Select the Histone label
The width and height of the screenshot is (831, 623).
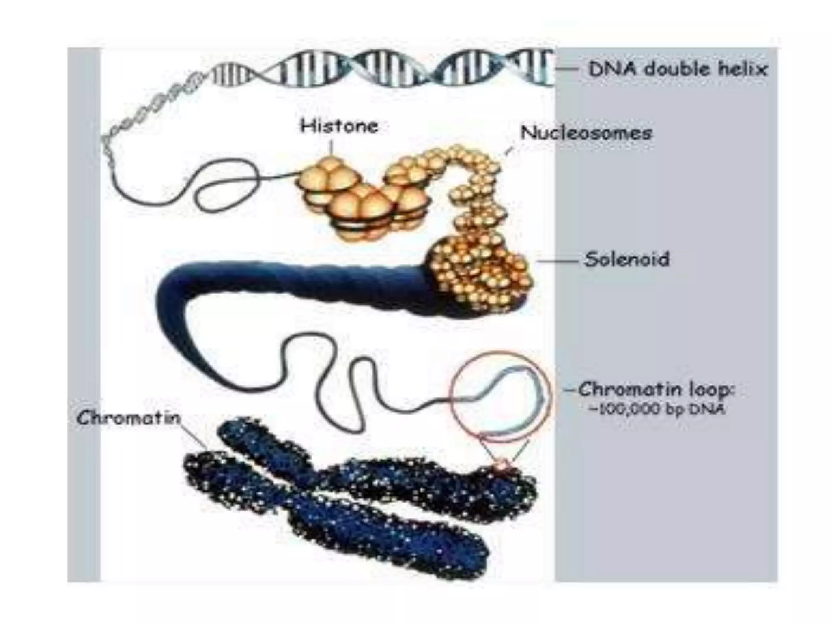click(339, 126)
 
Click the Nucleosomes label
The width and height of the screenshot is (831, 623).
click(586, 133)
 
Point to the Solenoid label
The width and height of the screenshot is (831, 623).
click(626, 260)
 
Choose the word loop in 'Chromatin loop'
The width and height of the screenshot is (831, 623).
click(713, 390)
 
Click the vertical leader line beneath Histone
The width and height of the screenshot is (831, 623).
click(332, 147)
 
